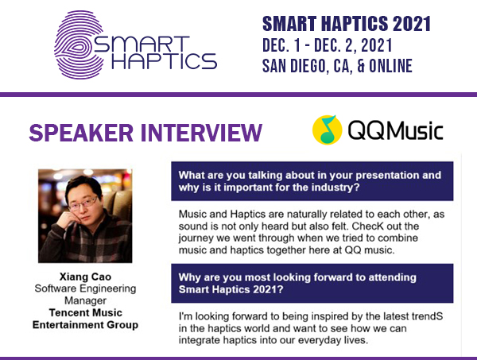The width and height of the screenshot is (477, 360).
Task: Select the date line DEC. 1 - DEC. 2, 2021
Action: coord(337,45)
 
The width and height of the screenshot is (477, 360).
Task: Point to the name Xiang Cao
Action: coord(84,276)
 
